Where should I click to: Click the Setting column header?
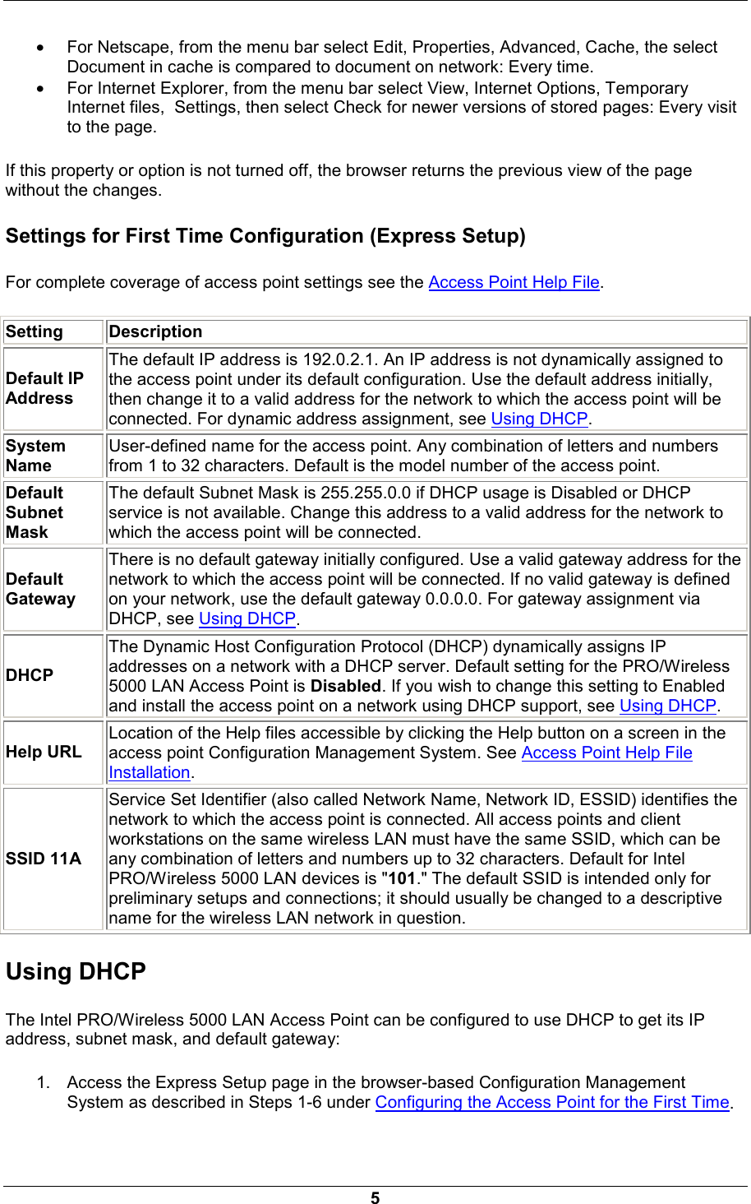35,331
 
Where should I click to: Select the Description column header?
155,331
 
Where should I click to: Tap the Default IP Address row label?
45,388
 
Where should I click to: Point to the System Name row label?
35,456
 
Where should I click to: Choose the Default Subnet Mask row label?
35,512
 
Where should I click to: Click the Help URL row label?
44,752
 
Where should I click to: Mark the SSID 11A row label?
44,859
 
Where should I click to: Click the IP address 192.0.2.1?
339,359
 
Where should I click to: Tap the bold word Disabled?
346,686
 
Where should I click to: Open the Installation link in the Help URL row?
150,772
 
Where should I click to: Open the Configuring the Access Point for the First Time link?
552,1102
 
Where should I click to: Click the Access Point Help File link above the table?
514,282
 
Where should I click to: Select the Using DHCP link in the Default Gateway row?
247,618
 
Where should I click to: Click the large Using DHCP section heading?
76,971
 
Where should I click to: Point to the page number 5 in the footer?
375,1197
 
